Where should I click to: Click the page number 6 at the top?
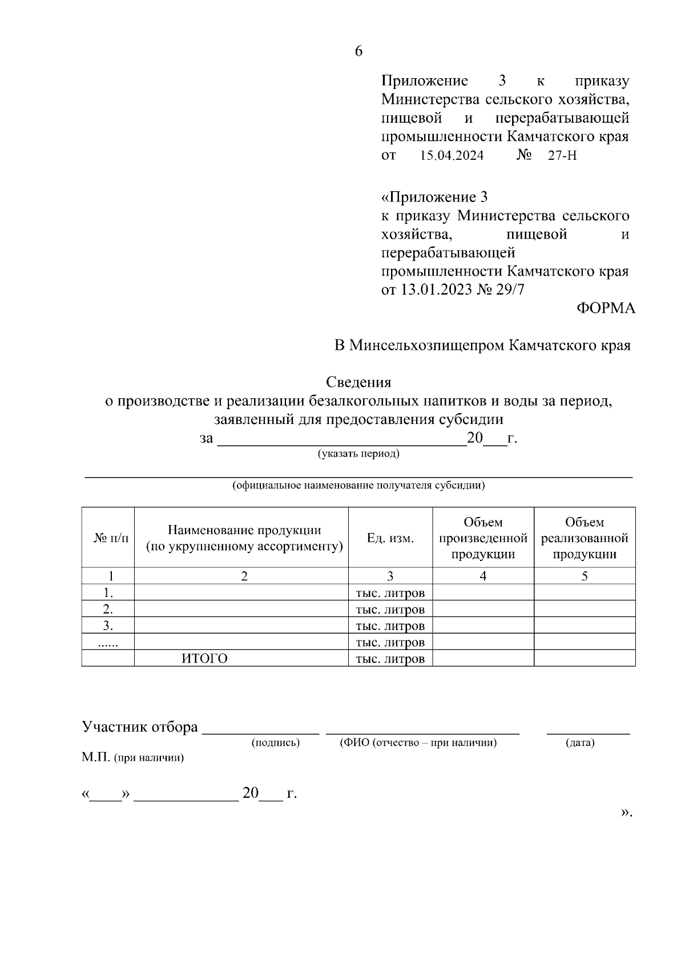(x=358, y=51)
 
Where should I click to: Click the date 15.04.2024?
(x=452, y=155)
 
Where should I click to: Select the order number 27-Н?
(x=562, y=155)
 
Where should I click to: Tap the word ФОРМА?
(x=606, y=308)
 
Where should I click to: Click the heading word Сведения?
(x=358, y=382)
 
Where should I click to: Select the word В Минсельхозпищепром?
(x=419, y=345)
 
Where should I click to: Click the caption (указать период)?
(x=358, y=454)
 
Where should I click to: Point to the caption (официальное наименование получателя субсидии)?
(x=358, y=486)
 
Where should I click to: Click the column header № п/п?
(x=111, y=538)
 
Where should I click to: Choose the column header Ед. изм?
(x=390, y=538)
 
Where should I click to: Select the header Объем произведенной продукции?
(x=483, y=538)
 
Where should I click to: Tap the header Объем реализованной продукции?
(x=585, y=538)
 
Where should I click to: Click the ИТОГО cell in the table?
(x=204, y=659)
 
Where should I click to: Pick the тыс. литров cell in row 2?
(x=390, y=609)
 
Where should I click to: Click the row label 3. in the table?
(x=108, y=625)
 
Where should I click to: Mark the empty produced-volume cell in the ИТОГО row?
(x=483, y=659)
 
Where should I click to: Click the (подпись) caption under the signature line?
(x=276, y=742)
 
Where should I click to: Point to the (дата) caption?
(x=580, y=742)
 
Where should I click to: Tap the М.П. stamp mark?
(x=96, y=758)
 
